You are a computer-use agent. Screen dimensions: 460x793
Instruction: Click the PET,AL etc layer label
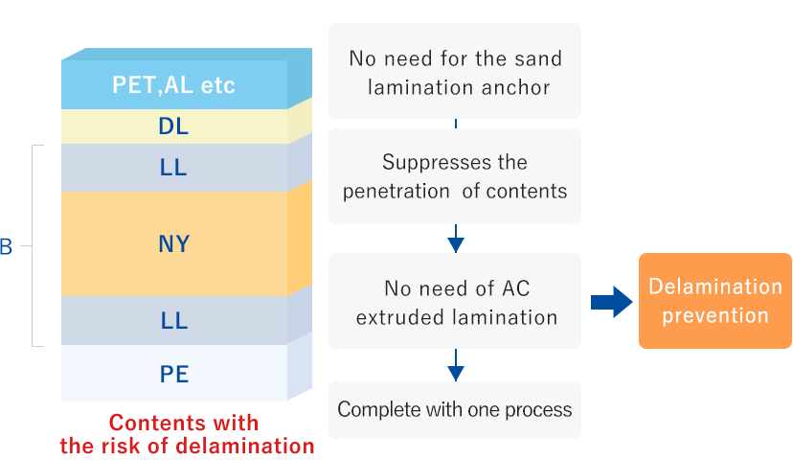click(173, 85)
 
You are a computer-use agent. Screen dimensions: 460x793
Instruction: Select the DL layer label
click(173, 126)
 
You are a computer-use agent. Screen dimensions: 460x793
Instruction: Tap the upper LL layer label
click(173, 168)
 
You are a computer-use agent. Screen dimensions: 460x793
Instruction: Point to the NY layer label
click(173, 244)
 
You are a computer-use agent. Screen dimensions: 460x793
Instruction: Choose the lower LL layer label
click(173, 321)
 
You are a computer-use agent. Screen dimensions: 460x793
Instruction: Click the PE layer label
click(173, 374)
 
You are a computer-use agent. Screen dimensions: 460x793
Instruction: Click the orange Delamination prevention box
click(715, 301)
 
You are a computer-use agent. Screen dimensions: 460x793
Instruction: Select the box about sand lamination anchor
click(455, 73)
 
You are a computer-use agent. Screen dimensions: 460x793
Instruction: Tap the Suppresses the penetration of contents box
click(455, 176)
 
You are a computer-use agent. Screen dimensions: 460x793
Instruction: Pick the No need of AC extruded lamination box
click(455, 302)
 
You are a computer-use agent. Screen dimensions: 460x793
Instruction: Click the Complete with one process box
click(455, 410)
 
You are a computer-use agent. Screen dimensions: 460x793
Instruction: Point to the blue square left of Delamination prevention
click(611, 302)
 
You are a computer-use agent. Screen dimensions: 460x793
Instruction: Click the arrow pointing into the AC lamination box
click(455, 241)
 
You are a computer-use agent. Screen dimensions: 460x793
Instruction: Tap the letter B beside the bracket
click(6, 247)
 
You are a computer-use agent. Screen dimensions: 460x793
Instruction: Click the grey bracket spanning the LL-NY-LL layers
click(35, 245)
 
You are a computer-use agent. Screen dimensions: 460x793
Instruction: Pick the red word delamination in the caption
click(250, 446)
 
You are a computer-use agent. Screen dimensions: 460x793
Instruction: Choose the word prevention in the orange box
click(715, 315)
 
